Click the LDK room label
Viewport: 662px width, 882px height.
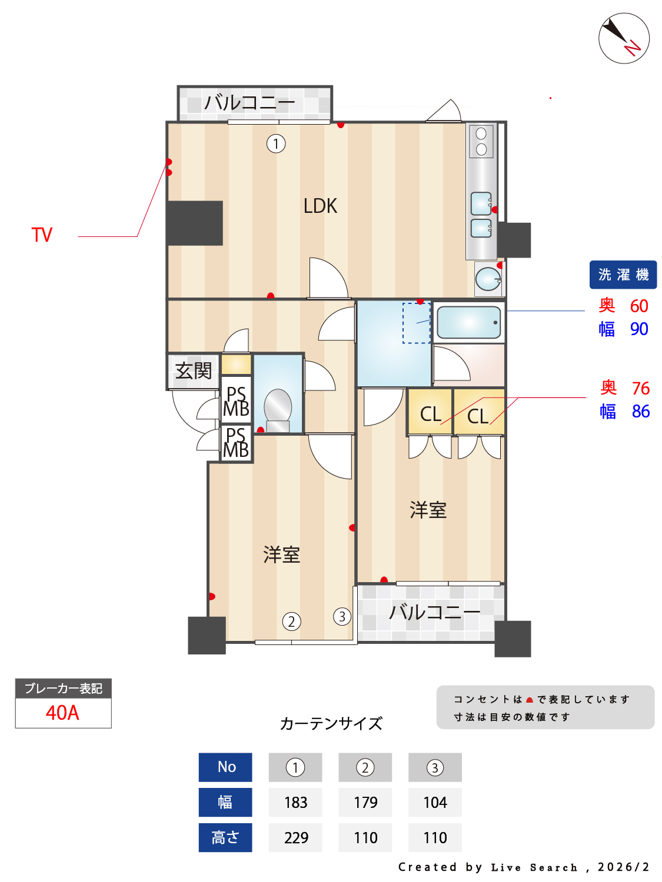tap(320, 206)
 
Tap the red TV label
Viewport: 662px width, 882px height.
tap(42, 235)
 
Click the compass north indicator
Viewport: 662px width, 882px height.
tap(623, 38)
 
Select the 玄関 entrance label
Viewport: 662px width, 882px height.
tap(194, 370)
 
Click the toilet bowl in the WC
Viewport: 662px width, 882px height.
tap(277, 410)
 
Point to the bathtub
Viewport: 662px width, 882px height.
tap(468, 322)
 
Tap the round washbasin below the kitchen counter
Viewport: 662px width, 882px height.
tap(488, 278)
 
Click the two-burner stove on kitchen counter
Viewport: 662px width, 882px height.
tap(481, 142)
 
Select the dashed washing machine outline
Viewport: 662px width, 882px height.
tap(417, 323)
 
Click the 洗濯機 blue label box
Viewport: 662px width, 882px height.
tap(623, 275)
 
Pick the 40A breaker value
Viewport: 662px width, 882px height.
tap(63, 713)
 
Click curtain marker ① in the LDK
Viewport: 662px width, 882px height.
tap(276, 143)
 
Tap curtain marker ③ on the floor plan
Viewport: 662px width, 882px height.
tap(342, 616)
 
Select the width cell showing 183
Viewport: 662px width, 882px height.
tap(295, 803)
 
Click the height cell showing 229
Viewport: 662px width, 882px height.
tap(295, 838)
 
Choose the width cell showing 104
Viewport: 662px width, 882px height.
tap(435, 803)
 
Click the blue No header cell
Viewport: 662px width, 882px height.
tap(225, 767)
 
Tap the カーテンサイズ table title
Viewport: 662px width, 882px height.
tap(331, 724)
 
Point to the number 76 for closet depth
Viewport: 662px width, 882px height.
tap(640, 388)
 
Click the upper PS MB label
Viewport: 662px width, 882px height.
tap(236, 401)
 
